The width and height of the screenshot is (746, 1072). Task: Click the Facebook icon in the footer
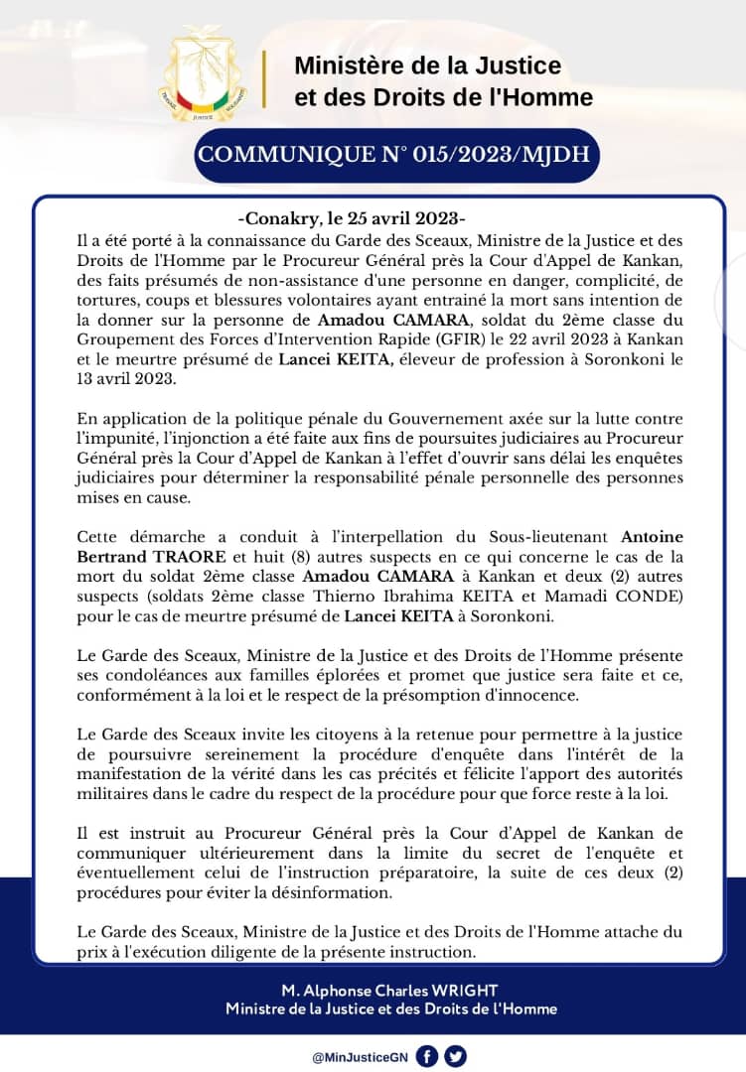pos(427,1056)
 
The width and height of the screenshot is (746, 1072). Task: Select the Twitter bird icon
pos(456,1056)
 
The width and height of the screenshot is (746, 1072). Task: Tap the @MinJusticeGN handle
pos(359,1057)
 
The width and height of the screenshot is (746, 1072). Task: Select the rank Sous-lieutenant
pos(556,537)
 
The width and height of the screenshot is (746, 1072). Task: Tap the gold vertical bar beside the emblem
pos(264,78)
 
